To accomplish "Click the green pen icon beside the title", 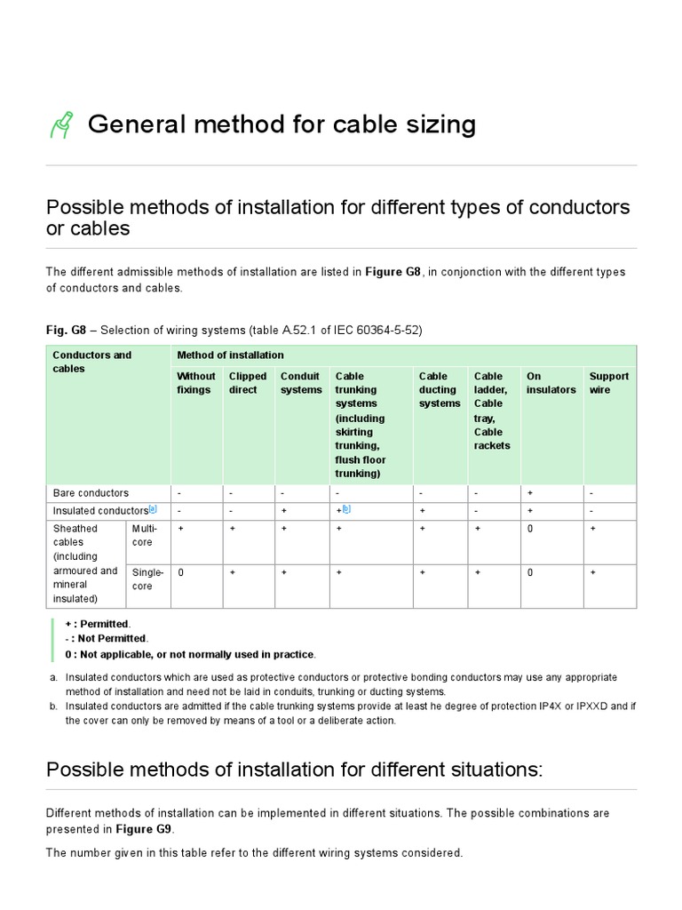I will pyautogui.click(x=61, y=125).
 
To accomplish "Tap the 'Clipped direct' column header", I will pyautogui.click(x=247, y=383).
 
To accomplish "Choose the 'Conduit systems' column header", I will pyautogui.click(x=301, y=383).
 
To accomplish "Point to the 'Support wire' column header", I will pyautogui.click(x=608, y=383).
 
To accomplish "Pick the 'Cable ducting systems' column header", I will pyautogui.click(x=440, y=389).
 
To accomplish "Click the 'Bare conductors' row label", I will pyautogui.click(x=91, y=493).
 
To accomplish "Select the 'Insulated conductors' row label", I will pyautogui.click(x=99, y=511).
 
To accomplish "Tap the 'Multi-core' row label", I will pyautogui.click(x=145, y=535).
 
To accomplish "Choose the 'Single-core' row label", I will pyautogui.click(x=147, y=579).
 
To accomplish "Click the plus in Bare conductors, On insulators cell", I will pyautogui.click(x=530, y=493).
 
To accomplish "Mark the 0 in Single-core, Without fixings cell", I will pyautogui.click(x=181, y=573).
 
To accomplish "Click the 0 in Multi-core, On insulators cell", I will pyautogui.click(x=530, y=529).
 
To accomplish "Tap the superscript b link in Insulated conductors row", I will pyautogui.click(x=346, y=509).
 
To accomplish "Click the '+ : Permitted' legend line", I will pyautogui.click(x=97, y=624).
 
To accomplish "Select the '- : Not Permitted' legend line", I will pyautogui.click(x=106, y=638).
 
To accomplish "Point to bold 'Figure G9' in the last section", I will pyautogui.click(x=144, y=828).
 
